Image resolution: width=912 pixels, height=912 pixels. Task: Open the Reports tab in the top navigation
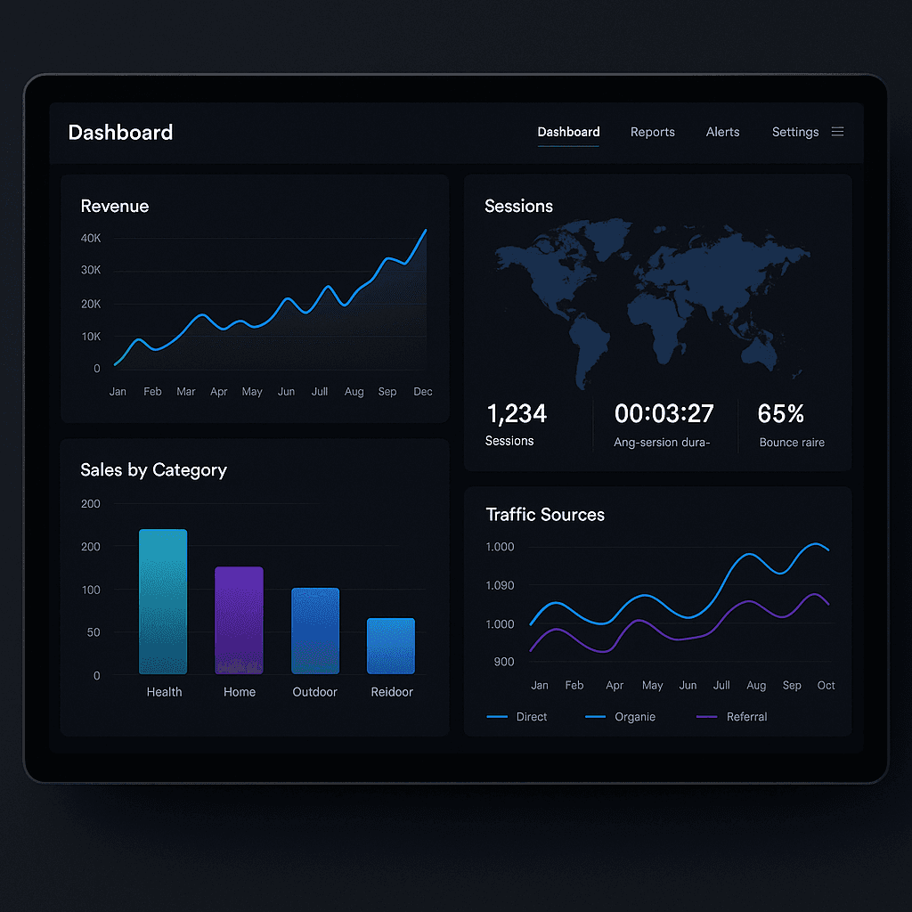tap(652, 132)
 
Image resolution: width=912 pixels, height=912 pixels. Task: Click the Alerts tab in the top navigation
tap(722, 132)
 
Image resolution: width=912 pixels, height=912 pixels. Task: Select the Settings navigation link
tap(794, 132)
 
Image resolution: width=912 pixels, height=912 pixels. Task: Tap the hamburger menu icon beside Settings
tap(837, 132)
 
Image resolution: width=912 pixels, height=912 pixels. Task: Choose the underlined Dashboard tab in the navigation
tap(568, 132)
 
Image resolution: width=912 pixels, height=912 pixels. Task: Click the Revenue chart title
tap(115, 206)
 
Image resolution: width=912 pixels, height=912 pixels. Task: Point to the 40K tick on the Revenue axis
tap(91, 239)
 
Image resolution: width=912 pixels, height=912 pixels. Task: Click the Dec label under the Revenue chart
tap(423, 392)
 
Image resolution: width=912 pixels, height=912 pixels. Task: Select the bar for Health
tap(163, 601)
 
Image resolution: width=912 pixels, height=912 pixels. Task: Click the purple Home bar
tap(239, 620)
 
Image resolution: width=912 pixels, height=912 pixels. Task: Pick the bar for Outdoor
tap(315, 631)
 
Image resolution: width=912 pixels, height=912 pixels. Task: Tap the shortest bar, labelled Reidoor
tap(391, 646)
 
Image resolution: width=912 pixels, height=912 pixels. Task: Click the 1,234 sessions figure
tap(517, 414)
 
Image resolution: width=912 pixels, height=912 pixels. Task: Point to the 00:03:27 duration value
tap(664, 414)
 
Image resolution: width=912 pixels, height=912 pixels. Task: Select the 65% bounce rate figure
tap(781, 414)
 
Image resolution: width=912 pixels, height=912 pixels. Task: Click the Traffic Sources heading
tap(545, 515)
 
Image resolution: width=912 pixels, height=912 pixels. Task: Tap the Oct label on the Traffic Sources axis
tap(826, 686)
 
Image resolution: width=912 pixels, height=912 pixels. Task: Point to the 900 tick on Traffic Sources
tap(503, 662)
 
